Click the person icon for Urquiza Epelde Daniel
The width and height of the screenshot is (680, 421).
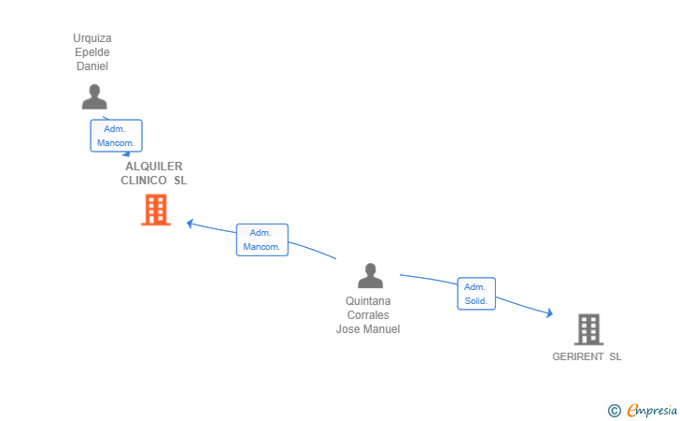tap(93, 97)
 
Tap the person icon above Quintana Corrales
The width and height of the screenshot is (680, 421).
tap(371, 276)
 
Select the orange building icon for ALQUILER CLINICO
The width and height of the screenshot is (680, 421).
tap(155, 210)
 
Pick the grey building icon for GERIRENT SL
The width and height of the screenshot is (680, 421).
tap(588, 329)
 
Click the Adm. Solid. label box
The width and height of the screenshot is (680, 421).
tap(475, 294)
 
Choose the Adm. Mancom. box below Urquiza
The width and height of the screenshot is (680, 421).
tap(116, 136)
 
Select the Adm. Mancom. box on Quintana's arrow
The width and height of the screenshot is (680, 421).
tap(262, 240)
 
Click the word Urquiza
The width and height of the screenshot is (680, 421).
tap(92, 38)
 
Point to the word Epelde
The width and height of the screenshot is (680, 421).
tap(92, 52)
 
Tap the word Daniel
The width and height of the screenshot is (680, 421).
tap(92, 66)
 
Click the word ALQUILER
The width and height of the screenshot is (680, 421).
tap(154, 167)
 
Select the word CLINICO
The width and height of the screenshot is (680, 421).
tap(144, 181)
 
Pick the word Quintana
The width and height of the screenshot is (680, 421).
tap(368, 301)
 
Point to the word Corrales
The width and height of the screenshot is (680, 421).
tap(368, 315)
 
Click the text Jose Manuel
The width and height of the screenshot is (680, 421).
tap(368, 329)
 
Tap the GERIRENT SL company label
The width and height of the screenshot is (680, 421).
tap(587, 356)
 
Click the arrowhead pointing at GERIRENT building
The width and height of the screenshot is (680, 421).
tap(549, 314)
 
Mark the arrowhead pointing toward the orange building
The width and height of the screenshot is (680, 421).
tap(190, 224)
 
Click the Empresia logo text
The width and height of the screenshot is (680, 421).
tap(652, 409)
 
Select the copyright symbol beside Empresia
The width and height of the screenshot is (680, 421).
tap(614, 410)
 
